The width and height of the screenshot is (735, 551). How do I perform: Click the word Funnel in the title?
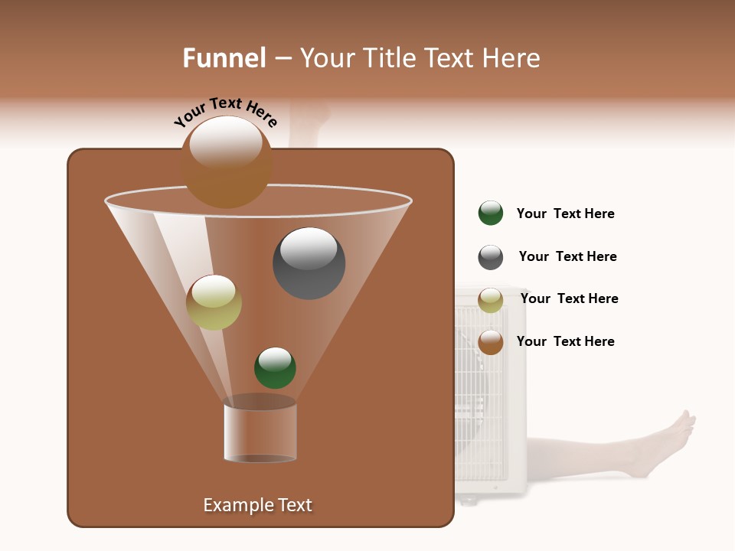pos(224,58)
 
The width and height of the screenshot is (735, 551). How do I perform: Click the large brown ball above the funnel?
pos(226,162)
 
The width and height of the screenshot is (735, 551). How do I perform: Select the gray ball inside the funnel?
pos(309,263)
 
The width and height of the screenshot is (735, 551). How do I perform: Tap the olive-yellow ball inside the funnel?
pos(214,302)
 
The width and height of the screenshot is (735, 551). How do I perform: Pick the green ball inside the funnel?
pos(275,368)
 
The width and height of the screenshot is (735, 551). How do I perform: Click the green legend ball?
pos(491,214)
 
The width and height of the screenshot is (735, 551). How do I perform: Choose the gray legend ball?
pos(491,257)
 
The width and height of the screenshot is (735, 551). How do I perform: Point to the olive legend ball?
pos(491,300)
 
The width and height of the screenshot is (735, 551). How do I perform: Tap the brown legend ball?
pos(491,342)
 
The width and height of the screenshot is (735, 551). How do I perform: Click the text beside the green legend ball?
pos(565,214)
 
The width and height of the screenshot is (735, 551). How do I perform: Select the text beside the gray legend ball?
pos(567,257)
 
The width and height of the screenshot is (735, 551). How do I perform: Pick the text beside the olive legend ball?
pos(569,299)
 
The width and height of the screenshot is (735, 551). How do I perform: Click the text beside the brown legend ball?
pos(565,341)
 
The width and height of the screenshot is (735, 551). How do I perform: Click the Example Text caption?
pos(257,505)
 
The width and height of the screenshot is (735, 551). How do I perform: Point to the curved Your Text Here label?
pos(226,111)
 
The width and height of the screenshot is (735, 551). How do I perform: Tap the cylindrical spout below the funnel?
pos(260,432)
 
